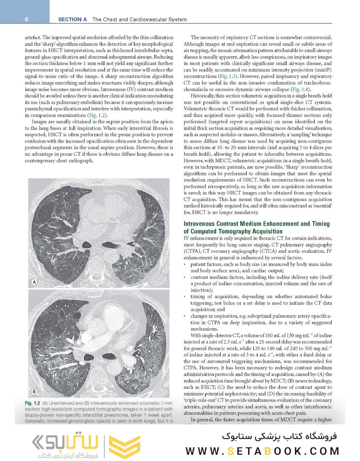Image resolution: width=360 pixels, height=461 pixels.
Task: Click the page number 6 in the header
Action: tap(26, 19)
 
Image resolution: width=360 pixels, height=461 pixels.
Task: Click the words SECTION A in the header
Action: tap(73, 19)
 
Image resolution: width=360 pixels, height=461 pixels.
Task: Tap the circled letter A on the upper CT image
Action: tap(35, 282)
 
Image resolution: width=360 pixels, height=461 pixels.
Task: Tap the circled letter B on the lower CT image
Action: tap(35, 391)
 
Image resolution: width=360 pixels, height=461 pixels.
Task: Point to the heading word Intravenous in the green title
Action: tap(203, 224)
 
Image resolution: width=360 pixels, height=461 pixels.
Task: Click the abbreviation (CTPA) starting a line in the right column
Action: tap(193, 251)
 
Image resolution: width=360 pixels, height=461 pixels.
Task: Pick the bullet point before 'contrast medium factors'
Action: tap(185, 277)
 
